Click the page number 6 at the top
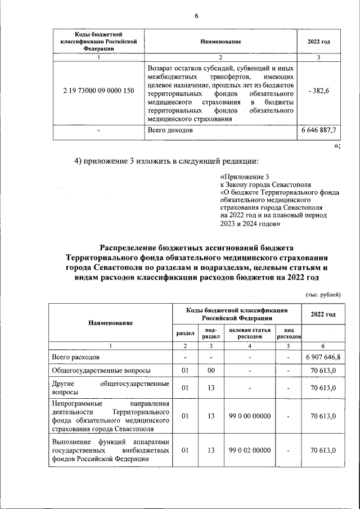pyautogui.click(x=197, y=15)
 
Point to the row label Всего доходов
pyautogui.click(x=170, y=130)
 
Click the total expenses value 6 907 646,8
pyautogui.click(x=323, y=357)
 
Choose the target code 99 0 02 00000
pyautogui.click(x=250, y=451)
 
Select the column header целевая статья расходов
pyautogui.click(x=250, y=332)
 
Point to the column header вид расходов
pyautogui.click(x=289, y=332)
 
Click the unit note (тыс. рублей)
pyautogui.click(x=323, y=294)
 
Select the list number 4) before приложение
pyautogui.click(x=79, y=161)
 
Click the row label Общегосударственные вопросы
pyautogui.click(x=93, y=371)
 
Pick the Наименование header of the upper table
pyautogui.click(x=220, y=42)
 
